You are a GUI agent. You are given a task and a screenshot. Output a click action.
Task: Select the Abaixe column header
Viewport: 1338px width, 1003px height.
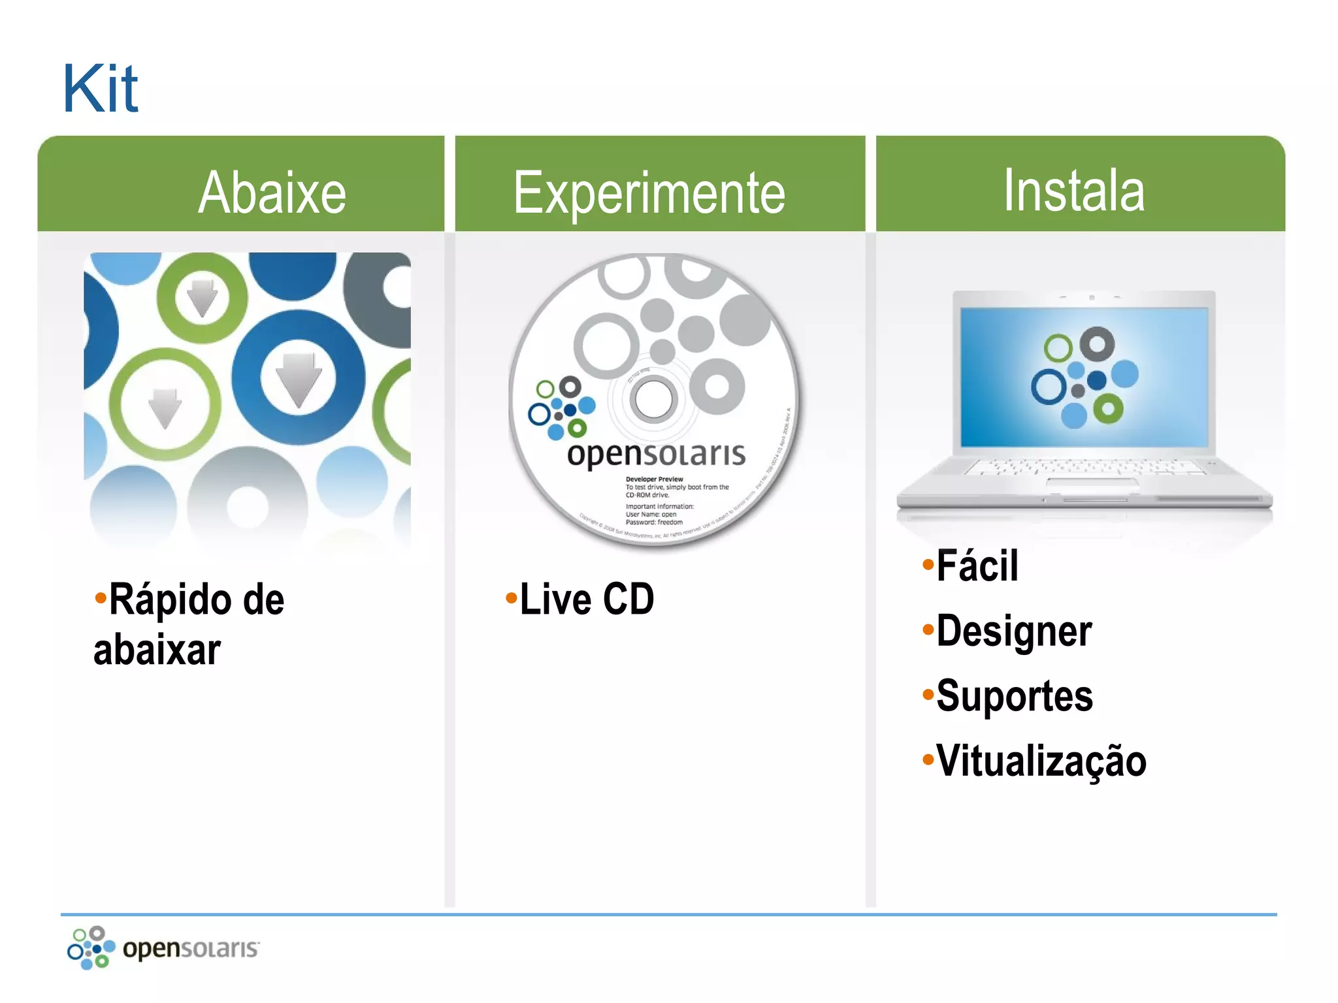coord(272,193)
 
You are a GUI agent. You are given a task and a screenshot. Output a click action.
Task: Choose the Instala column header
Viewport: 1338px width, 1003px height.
coord(1073,191)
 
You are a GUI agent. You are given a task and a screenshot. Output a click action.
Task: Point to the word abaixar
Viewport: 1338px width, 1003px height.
coord(157,650)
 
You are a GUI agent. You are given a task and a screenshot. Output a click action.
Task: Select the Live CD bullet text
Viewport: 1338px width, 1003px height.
coord(587,599)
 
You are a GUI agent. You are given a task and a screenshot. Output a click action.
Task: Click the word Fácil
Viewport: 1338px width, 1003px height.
coord(977,565)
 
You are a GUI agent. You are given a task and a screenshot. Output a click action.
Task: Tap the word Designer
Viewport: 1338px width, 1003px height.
coord(1013,631)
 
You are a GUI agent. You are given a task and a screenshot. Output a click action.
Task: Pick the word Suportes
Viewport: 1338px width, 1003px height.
coord(1014,696)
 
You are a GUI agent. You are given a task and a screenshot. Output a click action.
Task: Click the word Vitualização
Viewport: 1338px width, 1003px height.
coord(1041,761)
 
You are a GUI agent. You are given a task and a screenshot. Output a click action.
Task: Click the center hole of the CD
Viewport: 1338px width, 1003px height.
coord(653,399)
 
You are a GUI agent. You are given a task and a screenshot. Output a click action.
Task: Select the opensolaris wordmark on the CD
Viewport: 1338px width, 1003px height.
coord(656,454)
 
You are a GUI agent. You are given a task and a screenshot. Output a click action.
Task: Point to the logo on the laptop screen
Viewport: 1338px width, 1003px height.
coord(1084,377)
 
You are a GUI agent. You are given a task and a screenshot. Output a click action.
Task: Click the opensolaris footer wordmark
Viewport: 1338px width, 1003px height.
coord(190,948)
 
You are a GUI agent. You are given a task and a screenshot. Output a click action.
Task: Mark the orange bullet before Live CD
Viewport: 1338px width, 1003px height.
coord(511,597)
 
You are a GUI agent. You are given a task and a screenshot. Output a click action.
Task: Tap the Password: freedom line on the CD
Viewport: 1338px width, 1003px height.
coord(654,522)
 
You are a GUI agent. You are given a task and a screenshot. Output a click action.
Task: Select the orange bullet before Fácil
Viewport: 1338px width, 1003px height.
coord(928,564)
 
